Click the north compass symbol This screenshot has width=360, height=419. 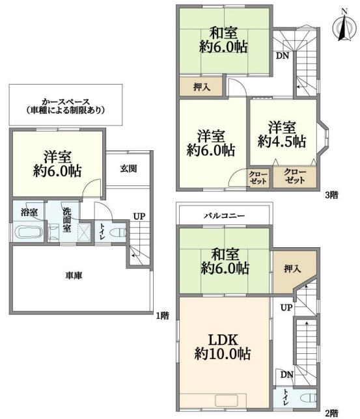(344, 25)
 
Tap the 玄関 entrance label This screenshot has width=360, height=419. (128, 169)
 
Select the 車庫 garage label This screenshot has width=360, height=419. (74, 275)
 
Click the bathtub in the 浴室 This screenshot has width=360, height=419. (29, 232)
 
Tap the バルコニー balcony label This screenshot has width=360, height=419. (224, 215)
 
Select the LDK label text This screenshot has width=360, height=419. (223, 340)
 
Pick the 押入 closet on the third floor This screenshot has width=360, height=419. (201, 87)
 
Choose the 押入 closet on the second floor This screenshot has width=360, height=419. (292, 269)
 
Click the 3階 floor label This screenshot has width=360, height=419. (331, 195)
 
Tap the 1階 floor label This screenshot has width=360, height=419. (163, 316)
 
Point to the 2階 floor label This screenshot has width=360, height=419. (331, 414)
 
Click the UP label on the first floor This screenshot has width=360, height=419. (139, 216)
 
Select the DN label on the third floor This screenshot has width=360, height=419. (283, 55)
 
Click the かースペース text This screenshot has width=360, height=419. (66, 101)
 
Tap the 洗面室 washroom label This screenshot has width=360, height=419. (67, 220)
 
